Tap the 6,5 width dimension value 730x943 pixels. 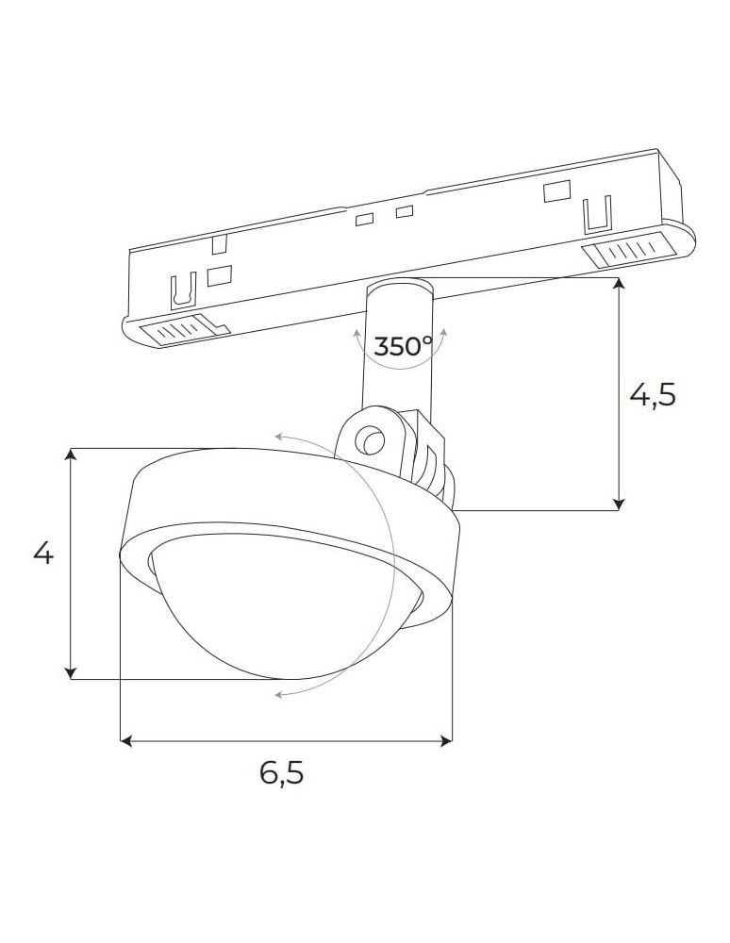(x=282, y=773)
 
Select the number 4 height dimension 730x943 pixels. (x=43, y=553)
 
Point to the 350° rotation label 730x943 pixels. (x=403, y=345)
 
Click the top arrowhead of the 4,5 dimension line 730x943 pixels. (x=619, y=285)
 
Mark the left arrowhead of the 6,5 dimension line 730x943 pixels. (x=126, y=742)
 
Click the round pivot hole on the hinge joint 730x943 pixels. (x=370, y=439)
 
